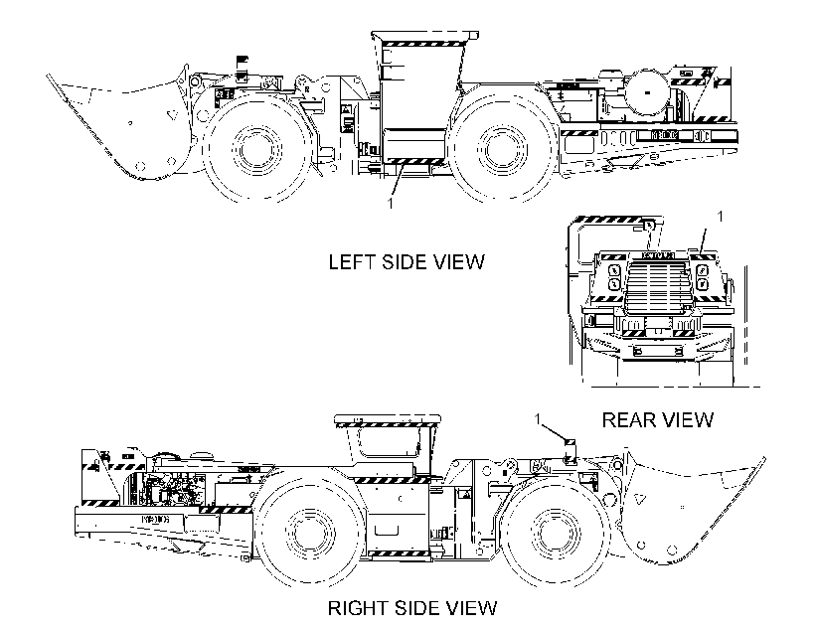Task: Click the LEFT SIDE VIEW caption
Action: (x=406, y=261)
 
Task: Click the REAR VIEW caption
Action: (x=658, y=419)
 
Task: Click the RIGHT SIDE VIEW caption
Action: (x=412, y=608)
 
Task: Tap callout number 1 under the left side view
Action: (x=391, y=204)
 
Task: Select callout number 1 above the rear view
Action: (x=720, y=217)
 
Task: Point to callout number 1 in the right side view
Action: (x=539, y=419)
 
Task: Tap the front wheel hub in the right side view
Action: (x=556, y=533)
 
